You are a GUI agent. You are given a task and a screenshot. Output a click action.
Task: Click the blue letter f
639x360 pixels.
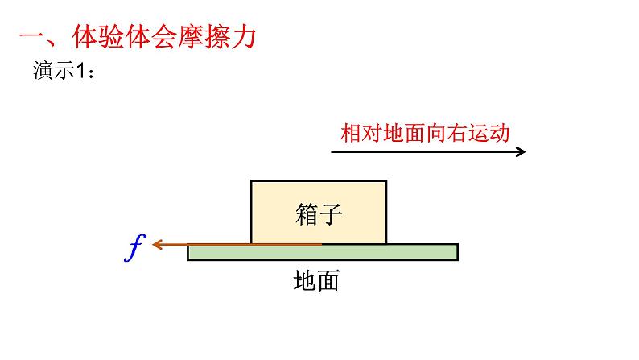tap(134, 249)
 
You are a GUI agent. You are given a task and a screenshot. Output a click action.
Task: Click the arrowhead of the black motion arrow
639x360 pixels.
tap(522, 151)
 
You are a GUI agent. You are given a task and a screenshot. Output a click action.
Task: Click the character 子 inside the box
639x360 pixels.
tap(331, 214)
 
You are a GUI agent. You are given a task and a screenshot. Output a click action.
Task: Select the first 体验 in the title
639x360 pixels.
tap(98, 39)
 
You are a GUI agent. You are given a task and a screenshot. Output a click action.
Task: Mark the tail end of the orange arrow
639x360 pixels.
tap(321, 243)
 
